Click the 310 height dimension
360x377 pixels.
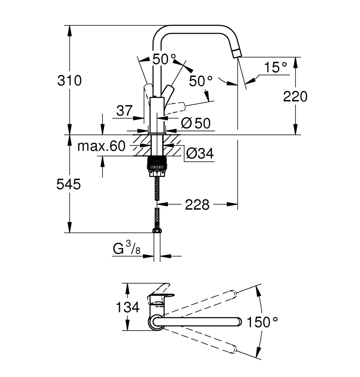69,81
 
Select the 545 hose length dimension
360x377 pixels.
69,184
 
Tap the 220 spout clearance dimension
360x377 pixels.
295,97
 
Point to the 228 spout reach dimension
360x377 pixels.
197,204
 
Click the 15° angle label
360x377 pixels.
275,67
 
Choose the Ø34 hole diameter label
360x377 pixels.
200,153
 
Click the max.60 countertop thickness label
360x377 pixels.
101,146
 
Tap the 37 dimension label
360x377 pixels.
124,111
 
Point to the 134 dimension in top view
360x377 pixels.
128,307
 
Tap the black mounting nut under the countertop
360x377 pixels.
157,163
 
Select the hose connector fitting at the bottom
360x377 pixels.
157,230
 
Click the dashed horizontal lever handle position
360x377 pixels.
176,107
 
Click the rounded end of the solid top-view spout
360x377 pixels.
239,322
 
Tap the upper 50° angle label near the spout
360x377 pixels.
164,59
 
